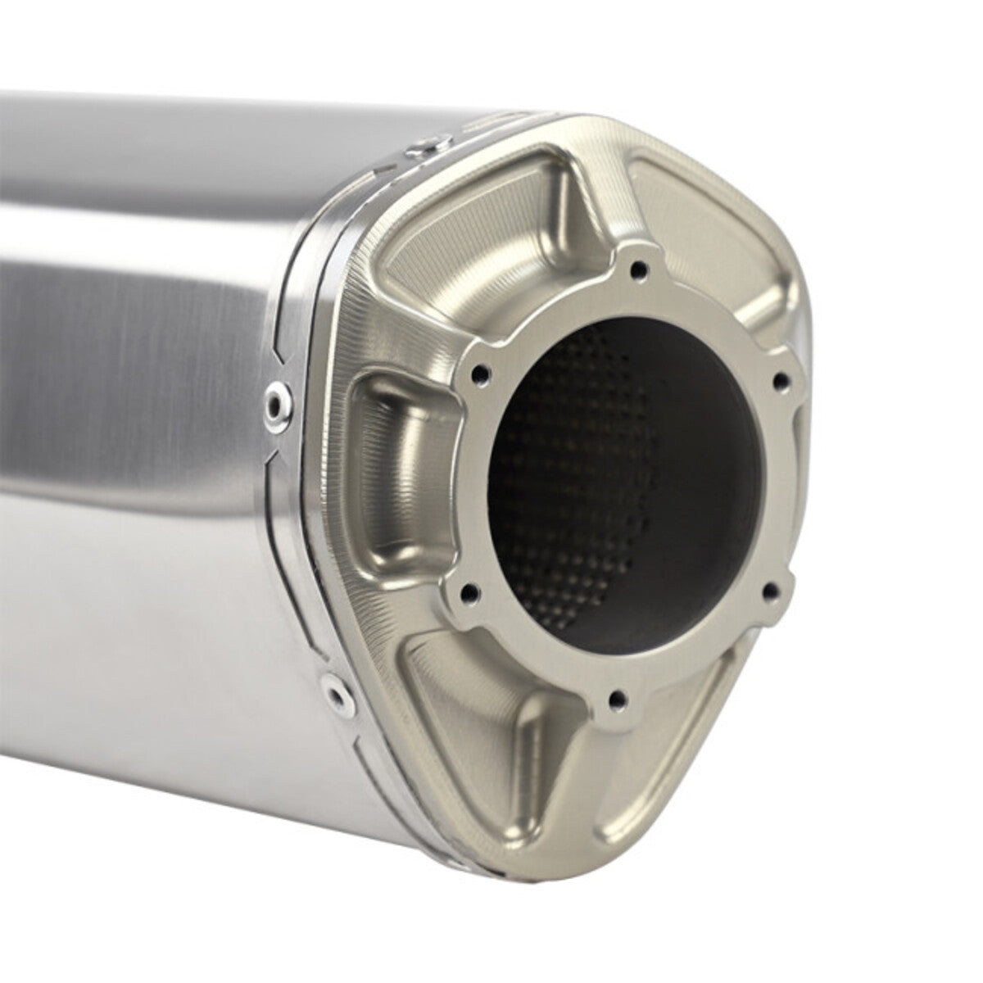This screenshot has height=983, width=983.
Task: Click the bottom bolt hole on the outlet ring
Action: pyautogui.click(x=618, y=698)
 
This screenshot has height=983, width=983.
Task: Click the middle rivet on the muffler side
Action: pyautogui.click(x=275, y=400)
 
